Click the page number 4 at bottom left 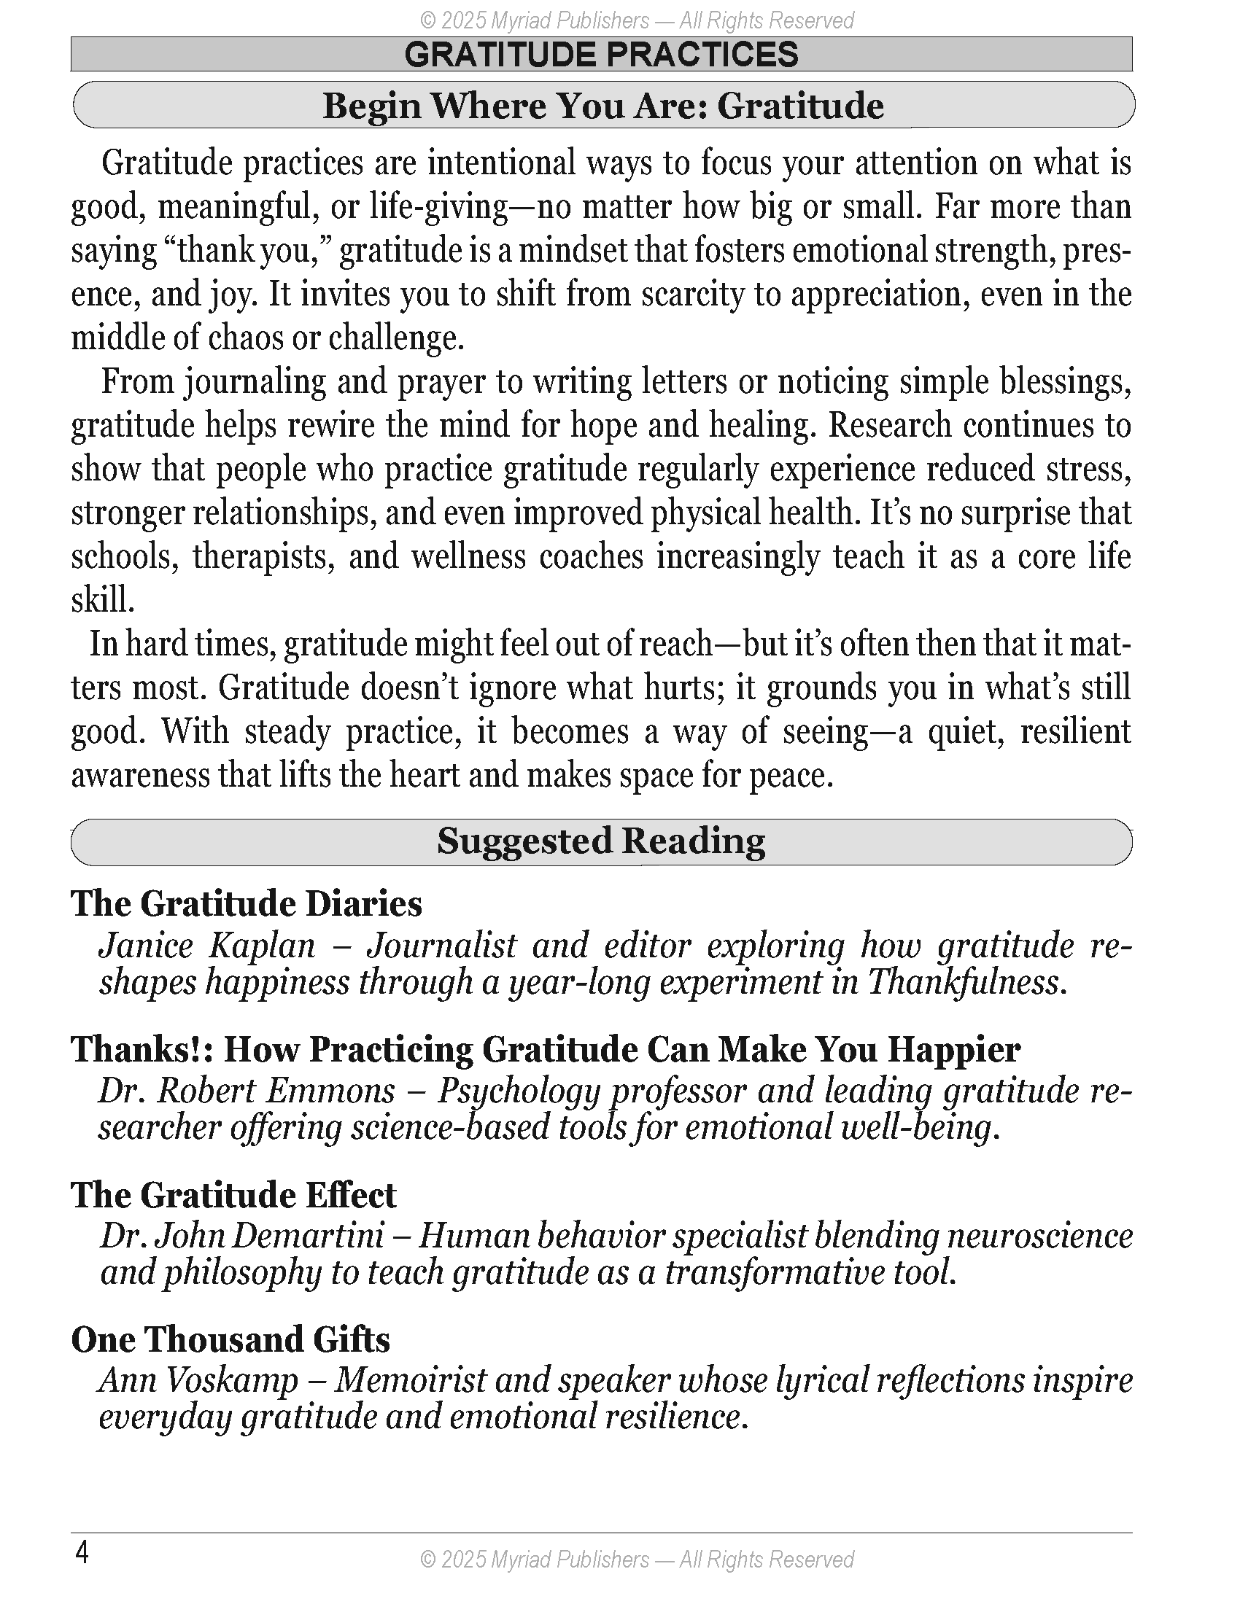(x=82, y=1553)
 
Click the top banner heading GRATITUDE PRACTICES (x=601, y=55)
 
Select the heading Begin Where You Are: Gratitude (x=603, y=106)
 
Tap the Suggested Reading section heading (x=601, y=841)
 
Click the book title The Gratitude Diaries (x=246, y=903)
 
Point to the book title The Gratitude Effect (x=233, y=1195)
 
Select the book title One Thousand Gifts (x=230, y=1339)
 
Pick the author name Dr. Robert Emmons (x=247, y=1091)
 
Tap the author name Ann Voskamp (x=198, y=1380)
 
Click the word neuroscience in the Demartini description (x=1039, y=1236)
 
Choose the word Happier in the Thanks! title (x=953, y=1049)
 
